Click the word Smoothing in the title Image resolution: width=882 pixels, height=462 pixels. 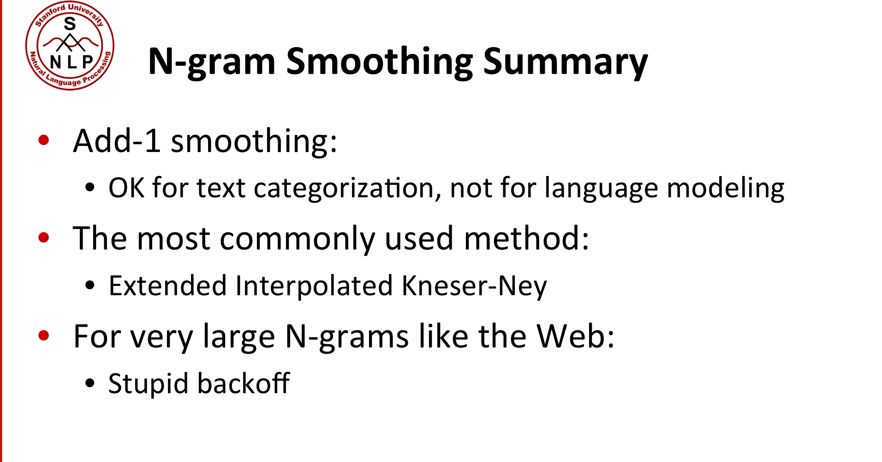(379, 62)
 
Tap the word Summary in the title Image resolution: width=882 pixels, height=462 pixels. (565, 62)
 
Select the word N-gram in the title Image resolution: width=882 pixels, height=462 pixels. (212, 62)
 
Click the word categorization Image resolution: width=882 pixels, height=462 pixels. (344, 188)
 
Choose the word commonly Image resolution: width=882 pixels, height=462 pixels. (297, 239)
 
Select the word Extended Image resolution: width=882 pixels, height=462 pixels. (167, 286)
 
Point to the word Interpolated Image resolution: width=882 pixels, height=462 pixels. (314, 286)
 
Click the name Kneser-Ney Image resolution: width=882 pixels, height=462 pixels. (474, 286)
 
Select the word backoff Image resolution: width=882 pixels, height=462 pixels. (244, 383)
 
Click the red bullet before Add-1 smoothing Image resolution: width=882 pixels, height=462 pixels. (44, 140)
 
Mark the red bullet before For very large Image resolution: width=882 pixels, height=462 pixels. (44, 335)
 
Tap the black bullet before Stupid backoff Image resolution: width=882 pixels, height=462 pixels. (90, 383)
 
